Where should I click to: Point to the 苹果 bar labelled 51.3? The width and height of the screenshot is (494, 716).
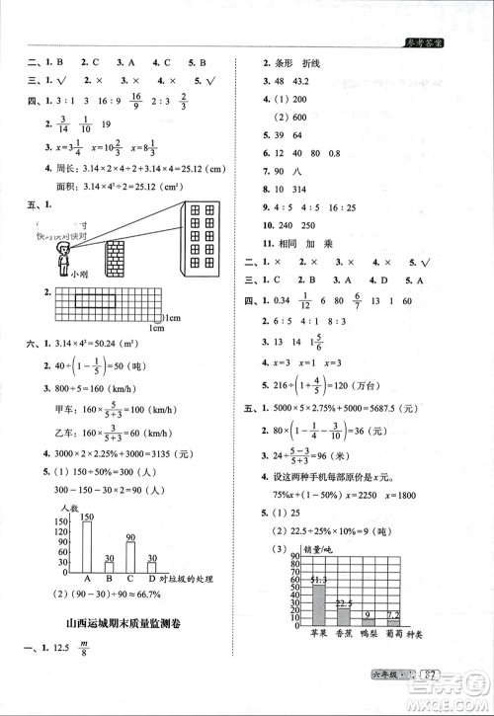click(x=318, y=606)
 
